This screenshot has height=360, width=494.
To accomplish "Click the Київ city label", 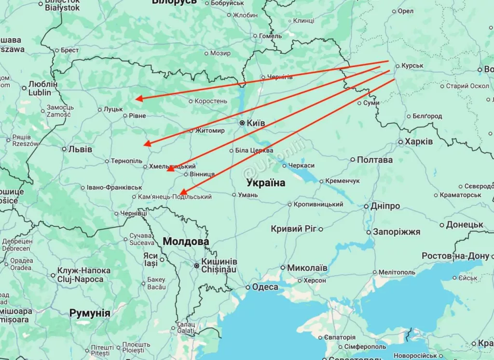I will point(256,123).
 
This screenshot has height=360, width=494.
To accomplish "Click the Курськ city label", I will point(412,66).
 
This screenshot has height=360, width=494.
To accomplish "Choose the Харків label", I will point(418,142).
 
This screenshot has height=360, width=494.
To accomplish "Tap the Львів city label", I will point(80,149).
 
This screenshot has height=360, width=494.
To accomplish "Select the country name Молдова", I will point(186,241).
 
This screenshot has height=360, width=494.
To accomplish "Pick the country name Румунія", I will point(90,313).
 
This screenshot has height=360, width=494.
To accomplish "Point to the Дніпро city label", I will point(385,206).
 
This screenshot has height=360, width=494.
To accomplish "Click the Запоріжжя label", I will point(397,232).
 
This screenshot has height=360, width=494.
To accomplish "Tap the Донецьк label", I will point(465,225).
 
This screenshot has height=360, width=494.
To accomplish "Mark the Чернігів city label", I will point(280,77).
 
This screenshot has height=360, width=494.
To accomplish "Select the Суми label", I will point(371,103).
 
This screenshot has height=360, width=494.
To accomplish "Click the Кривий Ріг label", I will point(293,229).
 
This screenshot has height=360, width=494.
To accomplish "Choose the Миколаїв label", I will point(307,268).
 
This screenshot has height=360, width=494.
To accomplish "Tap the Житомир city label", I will point(210,131).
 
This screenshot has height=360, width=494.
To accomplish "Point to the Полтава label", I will point(374,160).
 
